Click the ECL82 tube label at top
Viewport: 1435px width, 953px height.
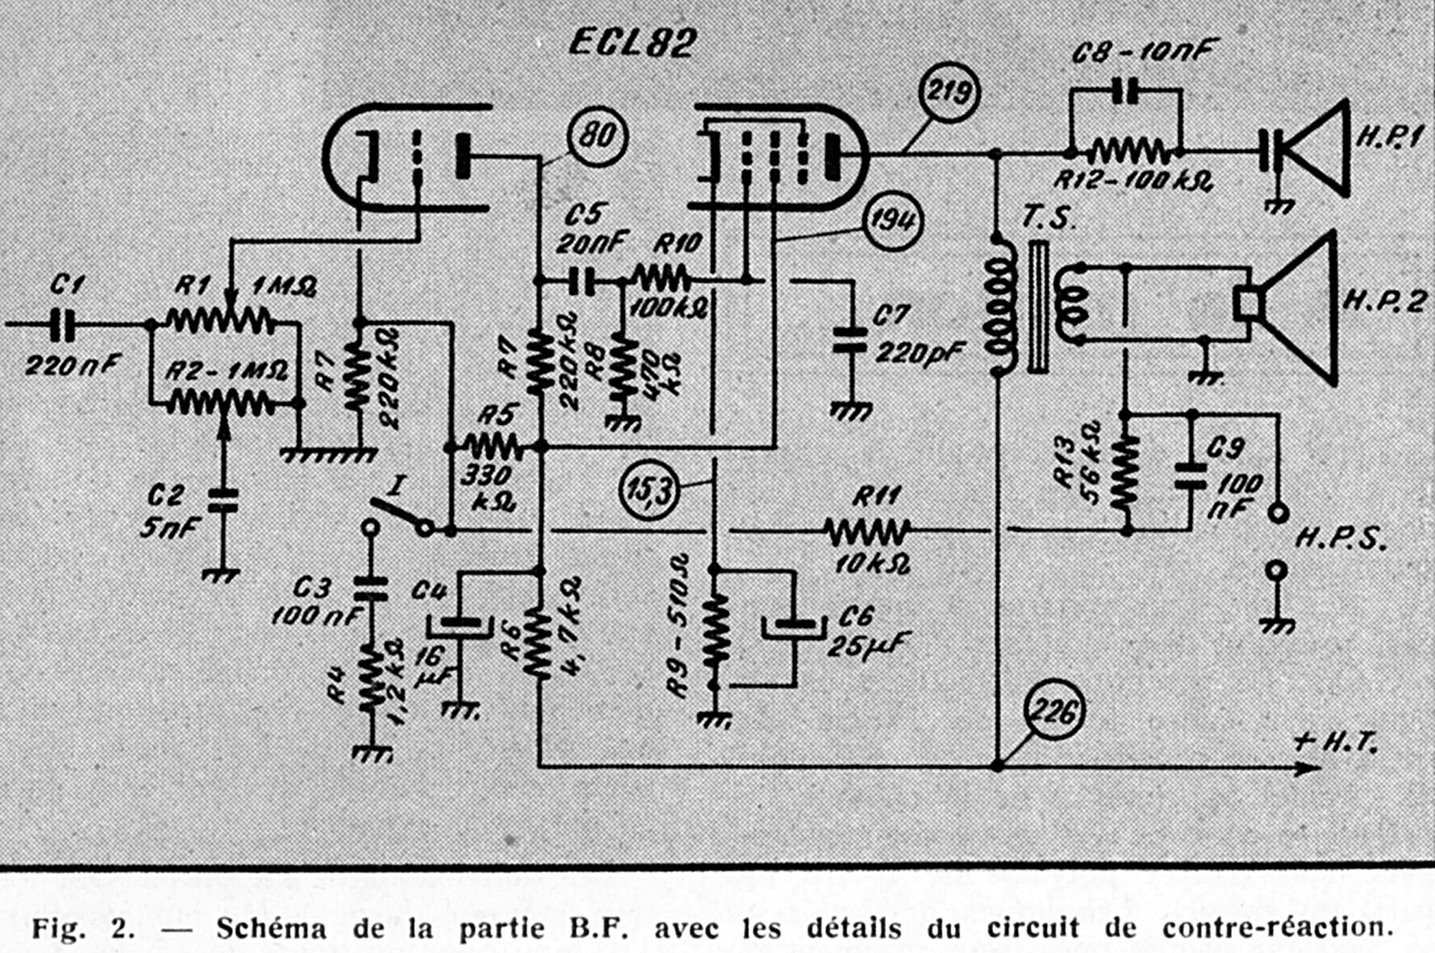pyautogui.click(x=632, y=43)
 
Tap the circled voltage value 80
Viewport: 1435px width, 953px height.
pyautogui.click(x=597, y=136)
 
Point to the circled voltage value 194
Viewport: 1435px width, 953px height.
pyautogui.click(x=892, y=220)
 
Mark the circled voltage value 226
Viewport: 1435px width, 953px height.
pyautogui.click(x=1053, y=711)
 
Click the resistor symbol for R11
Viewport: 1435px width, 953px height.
pyautogui.click(x=867, y=531)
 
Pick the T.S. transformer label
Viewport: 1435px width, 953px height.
pyautogui.click(x=1049, y=217)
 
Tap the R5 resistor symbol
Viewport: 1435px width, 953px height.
pyautogui.click(x=494, y=448)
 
